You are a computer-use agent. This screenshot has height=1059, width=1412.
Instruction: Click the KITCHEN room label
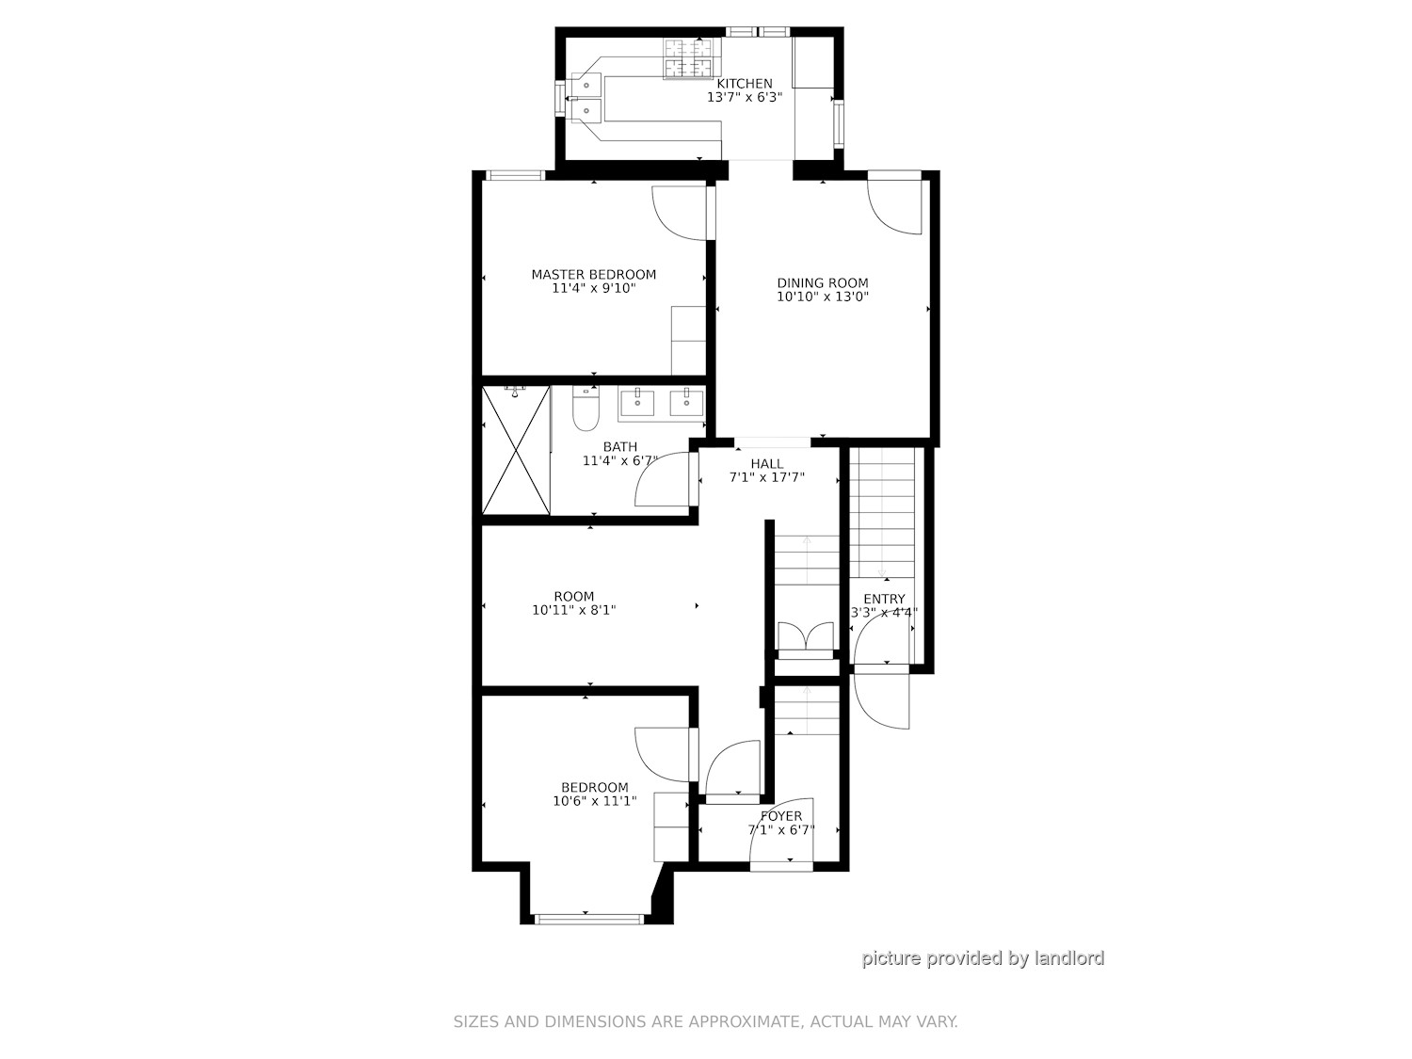tap(745, 84)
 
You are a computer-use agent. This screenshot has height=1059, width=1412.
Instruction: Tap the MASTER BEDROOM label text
tap(593, 275)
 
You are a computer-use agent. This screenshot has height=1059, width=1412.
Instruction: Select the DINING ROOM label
tap(822, 283)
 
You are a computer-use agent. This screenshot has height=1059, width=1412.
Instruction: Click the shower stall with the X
tap(516, 449)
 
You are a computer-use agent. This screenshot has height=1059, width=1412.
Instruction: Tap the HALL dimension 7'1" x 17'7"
tap(766, 478)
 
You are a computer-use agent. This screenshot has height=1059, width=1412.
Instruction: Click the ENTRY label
tap(884, 599)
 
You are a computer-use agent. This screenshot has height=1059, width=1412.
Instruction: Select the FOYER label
tap(781, 816)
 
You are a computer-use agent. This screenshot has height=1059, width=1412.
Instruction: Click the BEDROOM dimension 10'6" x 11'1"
tap(594, 801)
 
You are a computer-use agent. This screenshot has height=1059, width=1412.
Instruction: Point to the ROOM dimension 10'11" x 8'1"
tap(574, 610)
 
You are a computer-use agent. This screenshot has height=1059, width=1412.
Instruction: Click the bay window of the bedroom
tap(588, 920)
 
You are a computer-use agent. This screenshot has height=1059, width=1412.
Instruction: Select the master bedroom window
tap(515, 175)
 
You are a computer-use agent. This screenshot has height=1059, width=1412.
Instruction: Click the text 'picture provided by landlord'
tap(983, 958)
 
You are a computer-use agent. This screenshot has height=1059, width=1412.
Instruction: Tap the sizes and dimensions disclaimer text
tap(706, 1021)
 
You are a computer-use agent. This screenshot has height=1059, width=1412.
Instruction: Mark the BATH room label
tap(620, 447)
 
